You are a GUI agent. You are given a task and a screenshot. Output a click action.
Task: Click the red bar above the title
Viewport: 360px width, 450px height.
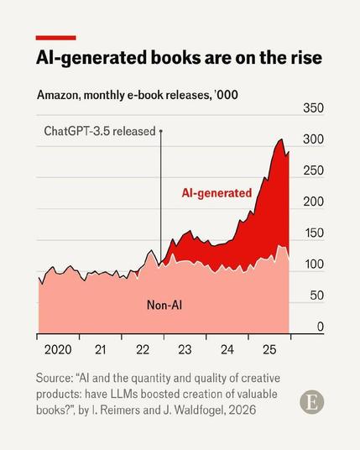pos(56,38)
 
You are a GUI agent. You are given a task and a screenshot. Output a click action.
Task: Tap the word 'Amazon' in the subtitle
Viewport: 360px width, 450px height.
pos(57,95)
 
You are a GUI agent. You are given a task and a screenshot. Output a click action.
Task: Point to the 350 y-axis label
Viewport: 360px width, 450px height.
pos(313,108)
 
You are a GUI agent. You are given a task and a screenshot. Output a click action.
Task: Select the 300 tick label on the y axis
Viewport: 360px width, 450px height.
pos(313,139)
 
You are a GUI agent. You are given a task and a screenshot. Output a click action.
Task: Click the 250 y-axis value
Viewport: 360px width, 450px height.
pos(313,170)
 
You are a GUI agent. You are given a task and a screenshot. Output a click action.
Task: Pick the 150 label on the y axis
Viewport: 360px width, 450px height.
pos(313,233)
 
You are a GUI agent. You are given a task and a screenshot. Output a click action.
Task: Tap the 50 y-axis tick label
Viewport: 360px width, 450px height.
pos(316,296)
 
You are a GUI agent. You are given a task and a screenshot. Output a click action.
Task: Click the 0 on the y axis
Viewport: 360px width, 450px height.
pos(321,327)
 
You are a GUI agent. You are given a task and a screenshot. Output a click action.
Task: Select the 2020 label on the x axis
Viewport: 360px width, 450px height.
pos(58,350)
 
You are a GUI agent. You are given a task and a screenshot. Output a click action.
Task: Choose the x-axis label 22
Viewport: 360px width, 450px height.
pos(143,350)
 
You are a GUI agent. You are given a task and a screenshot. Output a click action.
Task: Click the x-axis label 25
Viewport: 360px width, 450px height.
pos(269,350)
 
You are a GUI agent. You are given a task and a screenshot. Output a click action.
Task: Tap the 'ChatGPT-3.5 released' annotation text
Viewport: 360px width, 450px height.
pos(100,131)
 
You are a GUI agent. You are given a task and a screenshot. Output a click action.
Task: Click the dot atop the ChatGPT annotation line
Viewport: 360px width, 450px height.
pos(161,131)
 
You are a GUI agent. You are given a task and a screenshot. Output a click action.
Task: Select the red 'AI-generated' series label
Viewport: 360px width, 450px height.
pos(217,193)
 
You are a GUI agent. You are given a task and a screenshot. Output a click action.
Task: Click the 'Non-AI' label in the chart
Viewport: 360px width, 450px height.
pos(164,305)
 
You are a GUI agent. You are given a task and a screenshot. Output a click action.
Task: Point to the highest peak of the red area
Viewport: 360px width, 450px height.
pos(281,139)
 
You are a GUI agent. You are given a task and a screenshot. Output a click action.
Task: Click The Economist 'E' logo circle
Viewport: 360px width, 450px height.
pos(312,402)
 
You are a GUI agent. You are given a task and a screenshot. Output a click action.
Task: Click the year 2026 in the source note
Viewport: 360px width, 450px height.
pos(243,410)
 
